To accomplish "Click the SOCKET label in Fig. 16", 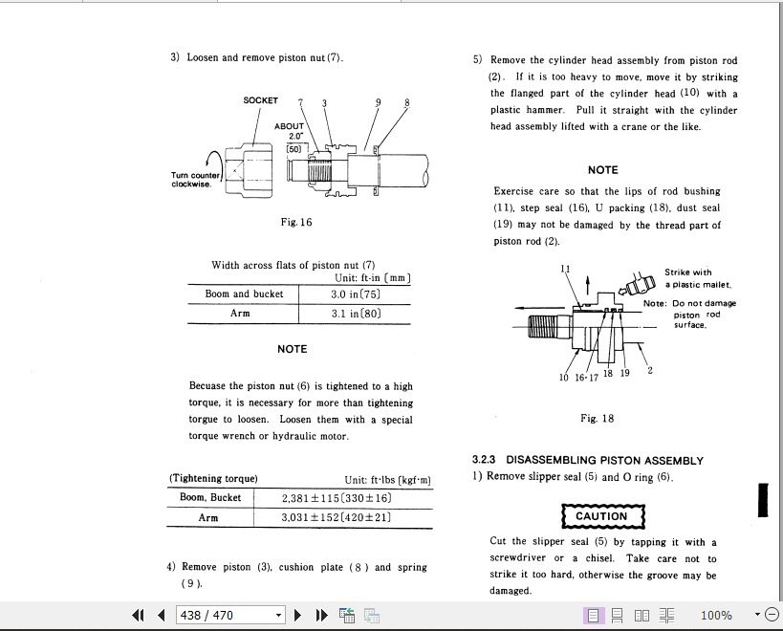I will coord(260,100).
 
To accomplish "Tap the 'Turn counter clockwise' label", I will coord(195,180).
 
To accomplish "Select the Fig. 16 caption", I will coord(296,222).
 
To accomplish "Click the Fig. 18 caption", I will coord(597,418).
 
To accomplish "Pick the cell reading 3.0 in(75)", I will coord(356,294).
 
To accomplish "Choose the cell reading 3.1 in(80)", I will coord(356,314).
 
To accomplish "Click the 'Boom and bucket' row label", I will coord(244,294).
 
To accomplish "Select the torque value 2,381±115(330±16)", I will coord(337,498).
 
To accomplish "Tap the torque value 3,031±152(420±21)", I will coord(337,517).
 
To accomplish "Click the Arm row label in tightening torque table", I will coord(208,517).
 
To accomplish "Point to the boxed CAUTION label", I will coord(601,516).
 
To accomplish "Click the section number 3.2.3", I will coord(486,460).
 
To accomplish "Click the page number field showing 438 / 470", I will coord(230,615).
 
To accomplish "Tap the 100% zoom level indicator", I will coord(716,615).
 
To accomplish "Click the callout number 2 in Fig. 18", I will coord(650,370).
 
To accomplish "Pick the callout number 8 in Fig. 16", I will coord(406,102).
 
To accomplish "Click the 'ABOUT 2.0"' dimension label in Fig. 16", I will coord(289,131).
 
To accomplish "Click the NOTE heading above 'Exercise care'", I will coord(602,169).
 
